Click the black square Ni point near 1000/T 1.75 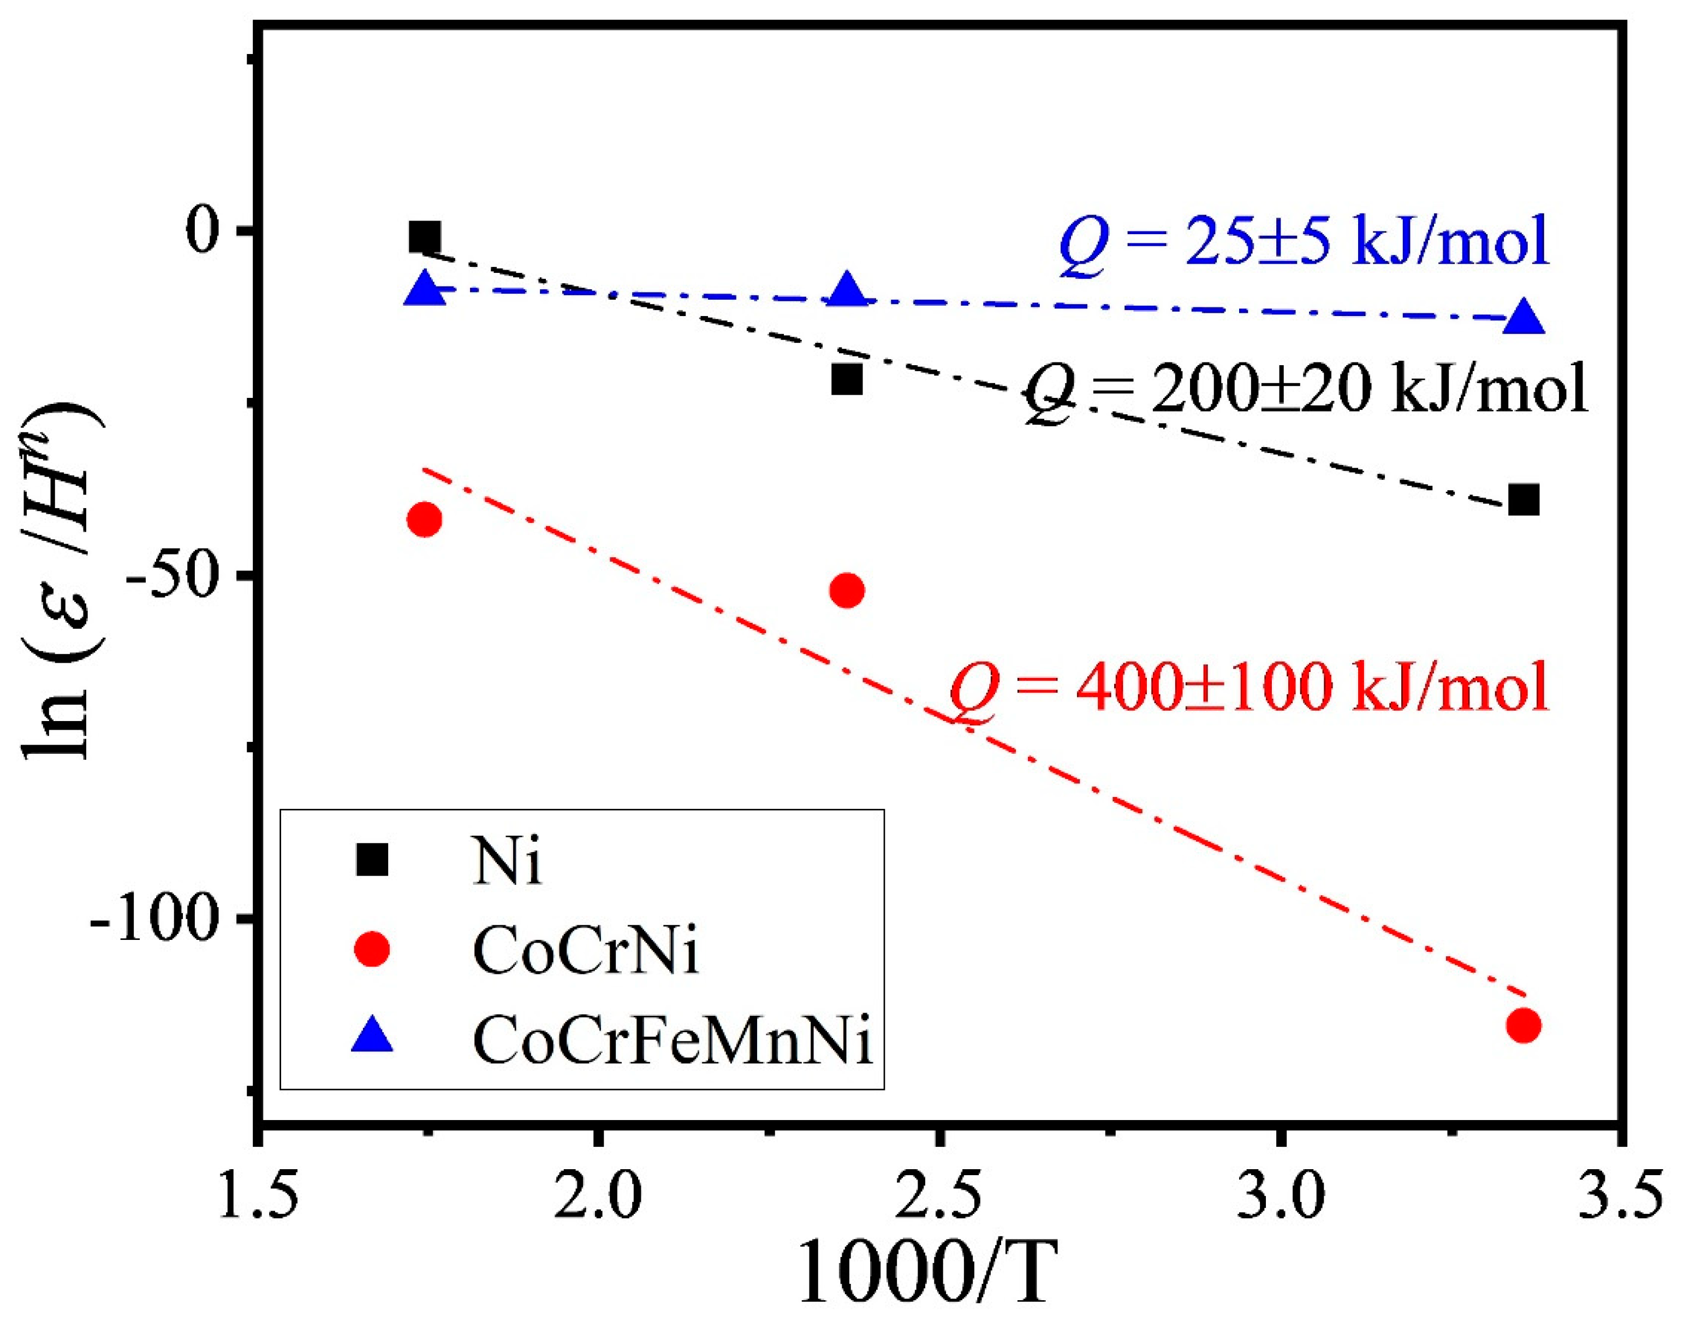(x=425, y=237)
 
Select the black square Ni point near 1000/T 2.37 (x=847, y=379)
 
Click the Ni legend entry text (x=507, y=862)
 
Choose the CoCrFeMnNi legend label (x=673, y=1040)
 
